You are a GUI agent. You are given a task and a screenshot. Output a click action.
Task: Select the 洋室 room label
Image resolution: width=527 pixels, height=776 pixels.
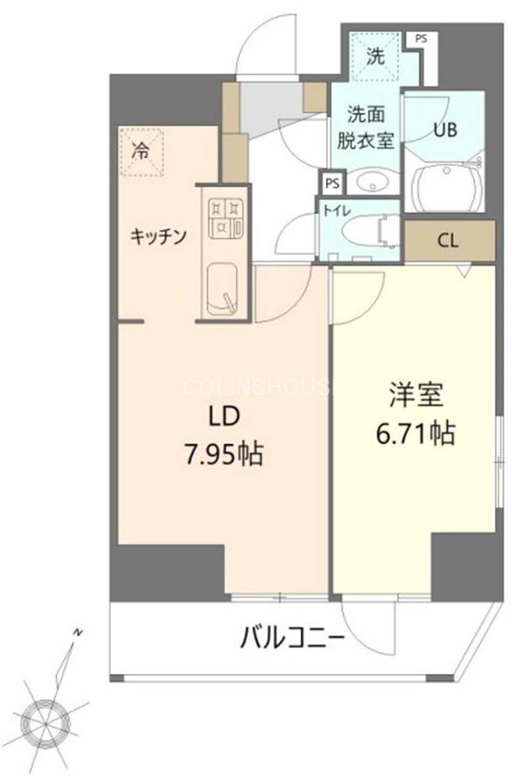pos(417,395)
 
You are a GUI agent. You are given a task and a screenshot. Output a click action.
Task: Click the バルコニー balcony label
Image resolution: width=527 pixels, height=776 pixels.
pos(293,638)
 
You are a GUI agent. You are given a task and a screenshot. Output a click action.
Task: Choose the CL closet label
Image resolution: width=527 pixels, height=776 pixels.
pos(448,241)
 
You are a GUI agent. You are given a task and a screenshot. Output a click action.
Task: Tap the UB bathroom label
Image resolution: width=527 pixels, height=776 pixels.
pos(445,130)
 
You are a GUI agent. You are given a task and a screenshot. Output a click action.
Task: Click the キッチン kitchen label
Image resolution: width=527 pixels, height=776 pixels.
pos(157,236)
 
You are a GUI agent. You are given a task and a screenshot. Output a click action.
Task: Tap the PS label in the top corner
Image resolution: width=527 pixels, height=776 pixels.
pos(420,38)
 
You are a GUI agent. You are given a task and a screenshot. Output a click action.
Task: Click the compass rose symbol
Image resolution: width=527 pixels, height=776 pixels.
pos(45,721)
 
